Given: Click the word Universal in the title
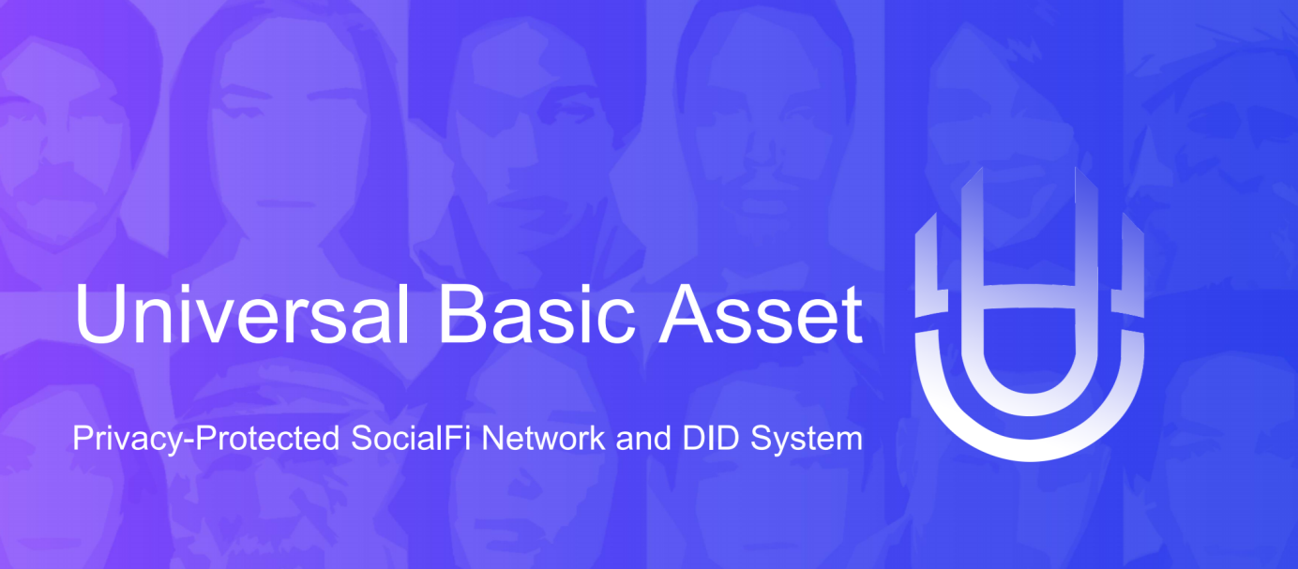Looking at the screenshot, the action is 242,315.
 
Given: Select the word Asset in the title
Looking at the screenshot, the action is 761,315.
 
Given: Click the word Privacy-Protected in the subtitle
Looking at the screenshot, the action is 206,440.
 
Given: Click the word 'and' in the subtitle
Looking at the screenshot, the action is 643,438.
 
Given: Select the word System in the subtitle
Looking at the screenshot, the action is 807,440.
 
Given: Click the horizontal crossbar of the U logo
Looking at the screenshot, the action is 1030,296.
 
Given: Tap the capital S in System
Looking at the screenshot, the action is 762,438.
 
